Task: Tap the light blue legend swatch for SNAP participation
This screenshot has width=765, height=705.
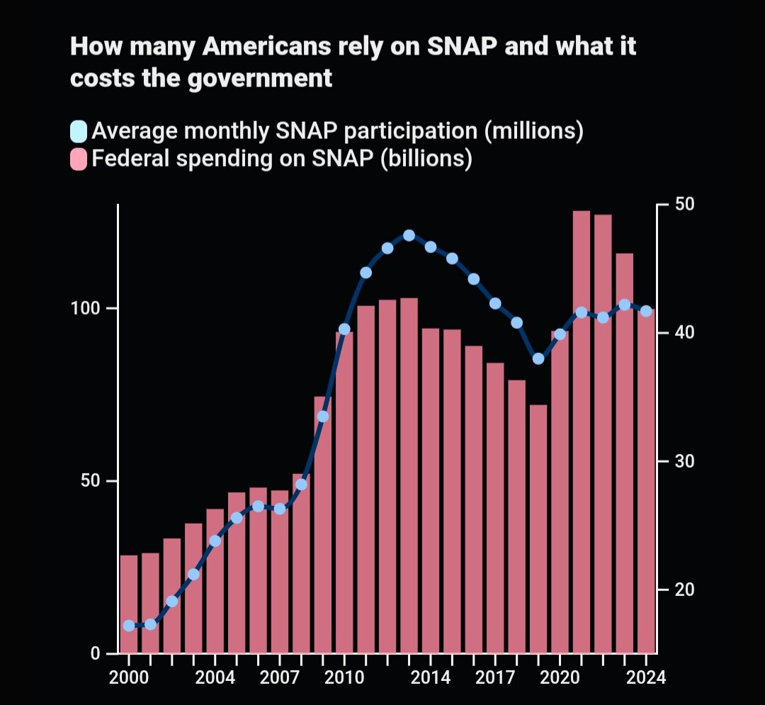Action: point(79,132)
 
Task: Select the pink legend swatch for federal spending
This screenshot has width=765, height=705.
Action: point(79,159)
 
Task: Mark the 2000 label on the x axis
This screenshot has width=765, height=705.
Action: point(129,677)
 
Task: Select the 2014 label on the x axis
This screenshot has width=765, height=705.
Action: point(431,677)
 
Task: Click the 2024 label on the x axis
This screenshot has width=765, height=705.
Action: point(646,677)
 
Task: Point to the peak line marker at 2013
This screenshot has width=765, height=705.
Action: point(409,235)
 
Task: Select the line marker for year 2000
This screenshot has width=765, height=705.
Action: point(129,626)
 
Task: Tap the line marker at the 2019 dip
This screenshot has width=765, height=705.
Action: point(538,359)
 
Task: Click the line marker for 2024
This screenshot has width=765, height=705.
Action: point(646,311)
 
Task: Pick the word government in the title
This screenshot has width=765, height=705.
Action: point(261,77)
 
